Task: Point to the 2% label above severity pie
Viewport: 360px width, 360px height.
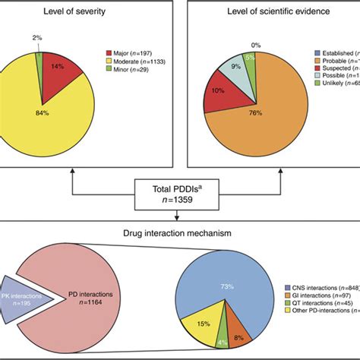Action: tap(37, 36)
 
